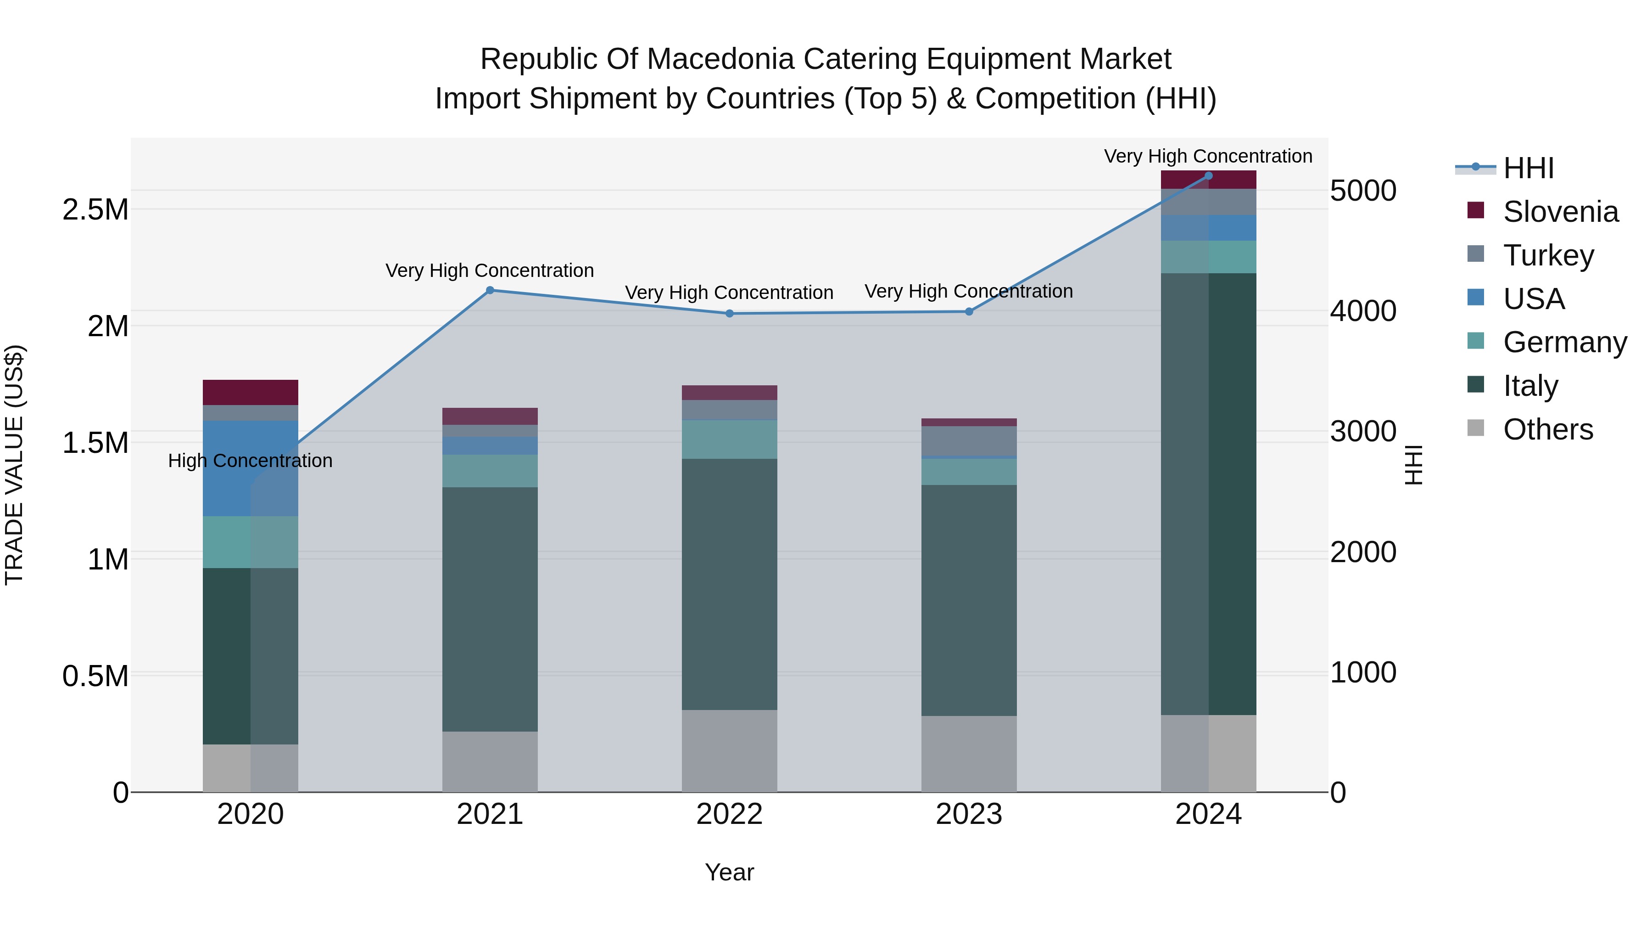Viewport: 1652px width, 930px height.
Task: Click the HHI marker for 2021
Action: click(x=490, y=290)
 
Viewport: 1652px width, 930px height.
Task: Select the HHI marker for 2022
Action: click(x=729, y=314)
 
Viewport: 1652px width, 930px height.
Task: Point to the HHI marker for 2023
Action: click(x=969, y=312)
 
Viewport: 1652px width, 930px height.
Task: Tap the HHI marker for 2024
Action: click(x=1208, y=176)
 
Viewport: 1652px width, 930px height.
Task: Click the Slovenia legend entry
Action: click(x=1560, y=212)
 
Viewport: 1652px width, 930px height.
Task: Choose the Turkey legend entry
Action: click(x=1548, y=255)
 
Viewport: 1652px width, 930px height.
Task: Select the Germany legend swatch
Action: click(x=1476, y=341)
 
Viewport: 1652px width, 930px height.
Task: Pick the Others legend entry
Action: click(x=1547, y=429)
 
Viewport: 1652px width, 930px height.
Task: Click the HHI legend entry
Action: click(x=1528, y=168)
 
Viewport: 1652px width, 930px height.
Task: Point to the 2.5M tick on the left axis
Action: click(x=95, y=210)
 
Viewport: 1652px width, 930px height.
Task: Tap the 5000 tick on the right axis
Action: click(x=1363, y=191)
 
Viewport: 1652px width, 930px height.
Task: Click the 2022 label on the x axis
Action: click(x=729, y=814)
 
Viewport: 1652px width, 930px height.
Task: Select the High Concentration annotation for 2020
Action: click(x=250, y=461)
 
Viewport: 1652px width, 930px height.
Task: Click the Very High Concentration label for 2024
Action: click(x=1208, y=157)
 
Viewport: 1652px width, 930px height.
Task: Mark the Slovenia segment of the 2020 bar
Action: click(x=250, y=392)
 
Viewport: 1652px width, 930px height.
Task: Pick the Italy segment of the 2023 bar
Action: click(x=969, y=600)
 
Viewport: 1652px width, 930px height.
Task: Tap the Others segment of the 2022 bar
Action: click(x=729, y=751)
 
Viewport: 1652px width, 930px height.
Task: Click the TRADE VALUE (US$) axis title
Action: click(x=14, y=465)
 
